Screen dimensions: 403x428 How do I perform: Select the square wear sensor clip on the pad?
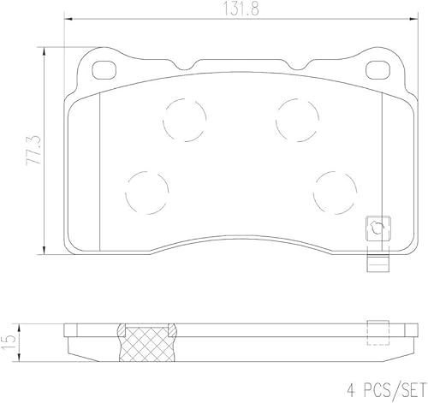pos(375,227)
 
